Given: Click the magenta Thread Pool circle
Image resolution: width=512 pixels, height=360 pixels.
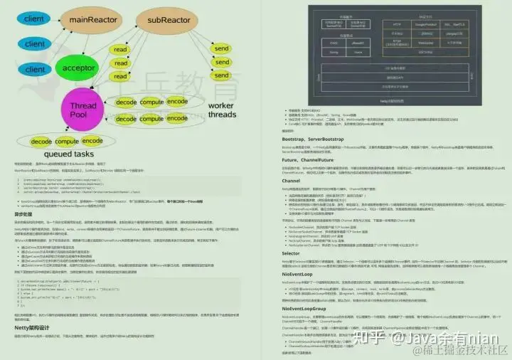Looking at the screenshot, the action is pos(83,112).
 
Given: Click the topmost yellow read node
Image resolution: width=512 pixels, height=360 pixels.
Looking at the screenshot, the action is pos(121,49).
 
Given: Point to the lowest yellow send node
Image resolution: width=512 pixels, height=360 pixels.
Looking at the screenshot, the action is pos(222,75).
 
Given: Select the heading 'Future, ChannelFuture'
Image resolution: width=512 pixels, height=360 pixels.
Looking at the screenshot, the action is pos(286,159).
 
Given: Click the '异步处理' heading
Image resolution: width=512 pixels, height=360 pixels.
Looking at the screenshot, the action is pos(26,213).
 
